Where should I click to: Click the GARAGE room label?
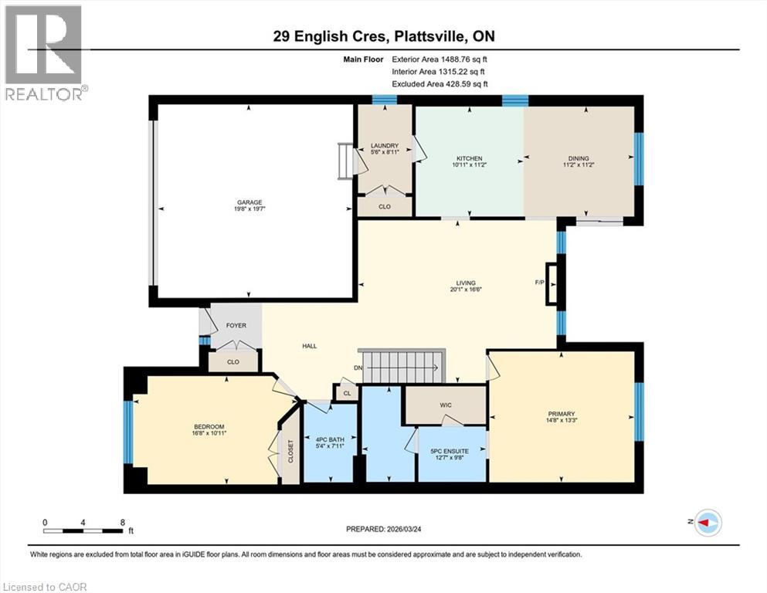click(x=249, y=202)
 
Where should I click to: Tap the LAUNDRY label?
click(x=384, y=145)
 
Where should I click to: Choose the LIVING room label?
click(x=466, y=283)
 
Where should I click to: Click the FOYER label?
click(x=236, y=325)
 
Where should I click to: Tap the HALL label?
click(x=310, y=347)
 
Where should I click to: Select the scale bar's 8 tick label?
click(x=122, y=522)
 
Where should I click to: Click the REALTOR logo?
click(x=43, y=53)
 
